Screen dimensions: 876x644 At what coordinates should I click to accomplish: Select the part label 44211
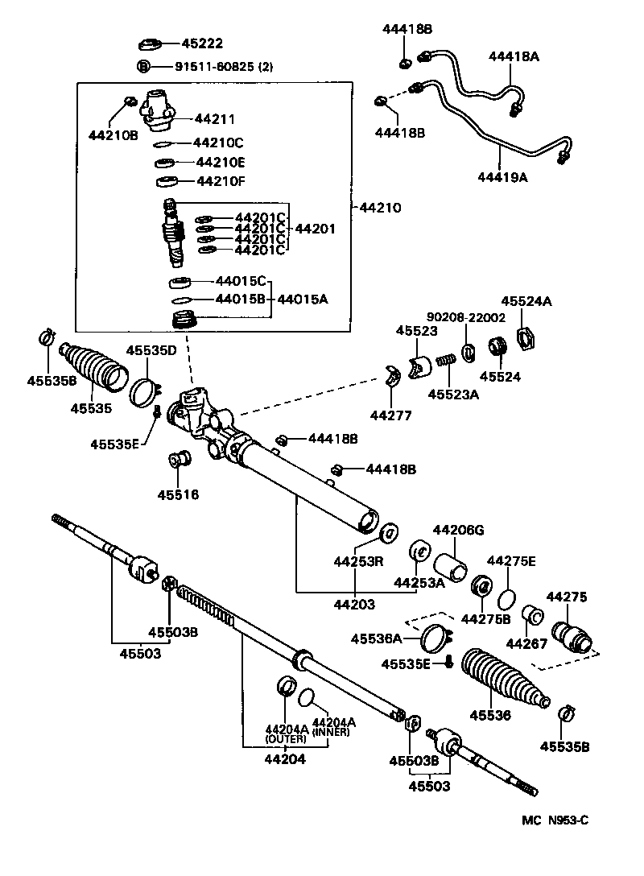tap(214, 119)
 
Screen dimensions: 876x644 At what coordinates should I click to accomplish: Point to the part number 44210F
tap(219, 180)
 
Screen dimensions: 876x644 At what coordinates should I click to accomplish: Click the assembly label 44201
tap(315, 229)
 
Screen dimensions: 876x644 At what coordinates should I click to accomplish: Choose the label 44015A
tap(303, 300)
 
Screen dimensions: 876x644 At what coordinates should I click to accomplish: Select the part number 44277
tap(390, 415)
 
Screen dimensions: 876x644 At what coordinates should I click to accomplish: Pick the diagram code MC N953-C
tap(555, 820)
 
